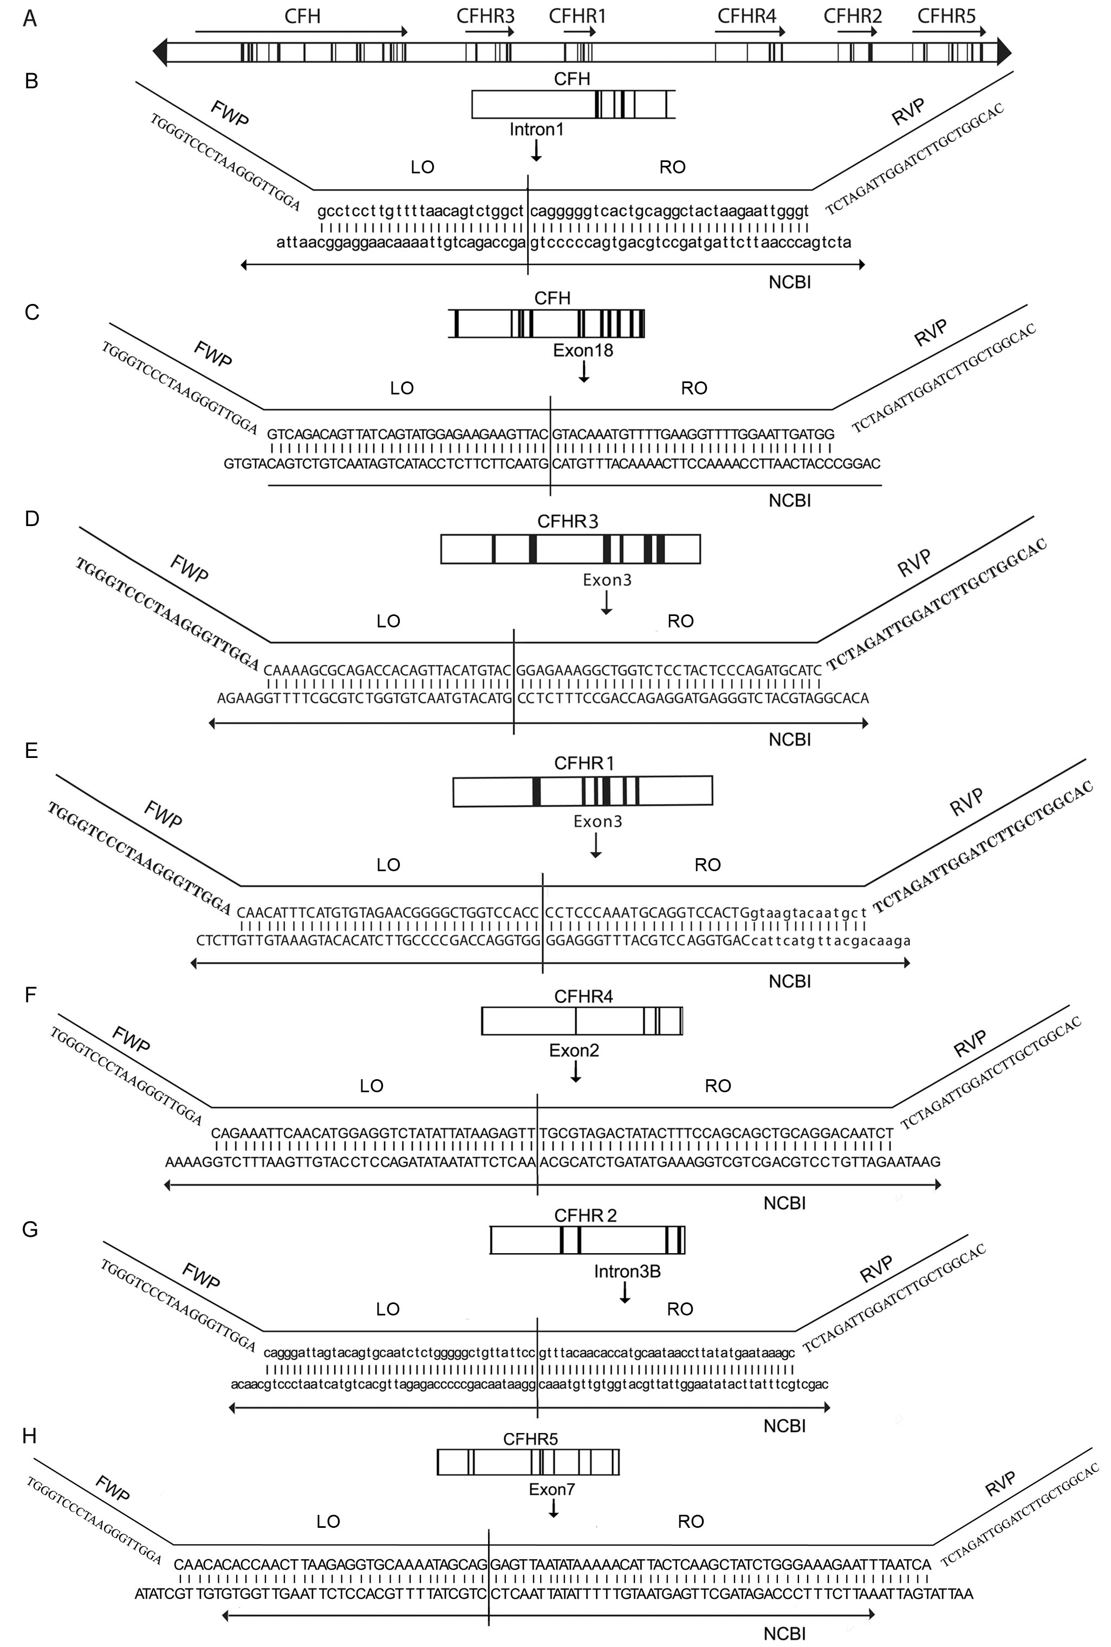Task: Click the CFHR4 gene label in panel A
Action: pyautogui.click(x=747, y=16)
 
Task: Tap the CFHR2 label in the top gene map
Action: pyautogui.click(x=853, y=16)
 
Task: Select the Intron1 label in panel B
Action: pyautogui.click(x=536, y=129)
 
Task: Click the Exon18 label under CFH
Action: pyautogui.click(x=583, y=350)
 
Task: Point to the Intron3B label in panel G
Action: pyautogui.click(x=627, y=1272)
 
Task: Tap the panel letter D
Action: pyautogui.click(x=32, y=519)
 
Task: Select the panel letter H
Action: pyautogui.click(x=30, y=1436)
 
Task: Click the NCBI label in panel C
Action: pyautogui.click(x=789, y=501)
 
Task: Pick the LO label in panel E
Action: pyautogui.click(x=388, y=865)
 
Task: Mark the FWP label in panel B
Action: pyautogui.click(x=230, y=113)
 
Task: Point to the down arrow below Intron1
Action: pyautogui.click(x=536, y=150)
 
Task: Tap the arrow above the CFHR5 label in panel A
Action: pyautogui.click(x=950, y=32)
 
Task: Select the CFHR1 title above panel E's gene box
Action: pyautogui.click(x=584, y=763)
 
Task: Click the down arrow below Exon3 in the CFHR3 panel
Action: pyautogui.click(x=606, y=602)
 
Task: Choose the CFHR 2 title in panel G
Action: pyautogui.click(x=585, y=1215)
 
